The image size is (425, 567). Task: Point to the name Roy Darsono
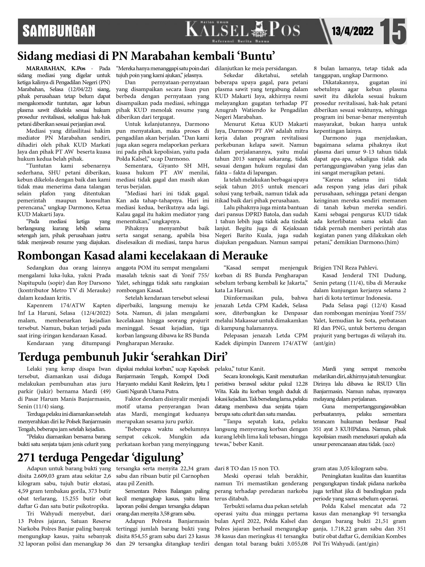coord(98,283)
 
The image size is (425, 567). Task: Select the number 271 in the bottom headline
coord(26,458)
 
